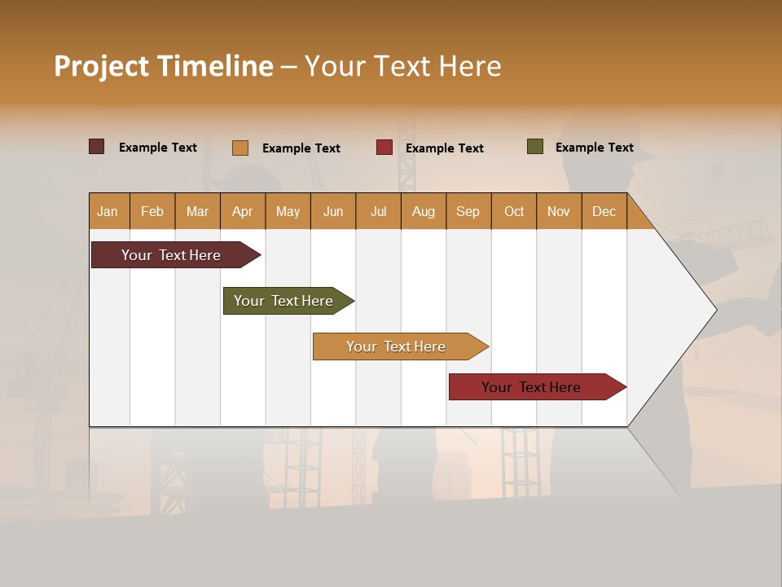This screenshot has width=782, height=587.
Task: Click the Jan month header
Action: tap(108, 211)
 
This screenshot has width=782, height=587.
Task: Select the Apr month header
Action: tap(242, 211)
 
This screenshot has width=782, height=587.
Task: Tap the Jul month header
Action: tap(378, 211)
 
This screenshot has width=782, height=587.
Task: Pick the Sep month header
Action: tap(468, 211)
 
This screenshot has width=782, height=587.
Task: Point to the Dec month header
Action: tap(604, 211)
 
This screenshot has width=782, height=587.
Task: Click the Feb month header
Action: tap(152, 211)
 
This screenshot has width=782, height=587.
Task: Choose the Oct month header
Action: tap(514, 211)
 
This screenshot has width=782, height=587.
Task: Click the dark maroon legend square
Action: tap(96, 147)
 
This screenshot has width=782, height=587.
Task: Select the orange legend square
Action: tap(239, 148)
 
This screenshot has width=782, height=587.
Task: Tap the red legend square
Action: tap(384, 148)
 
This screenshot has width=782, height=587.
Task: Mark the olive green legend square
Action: tap(534, 147)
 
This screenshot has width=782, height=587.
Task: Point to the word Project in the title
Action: tap(101, 66)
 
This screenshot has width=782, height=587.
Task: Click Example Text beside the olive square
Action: tap(594, 148)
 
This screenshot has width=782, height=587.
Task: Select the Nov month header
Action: tap(559, 211)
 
